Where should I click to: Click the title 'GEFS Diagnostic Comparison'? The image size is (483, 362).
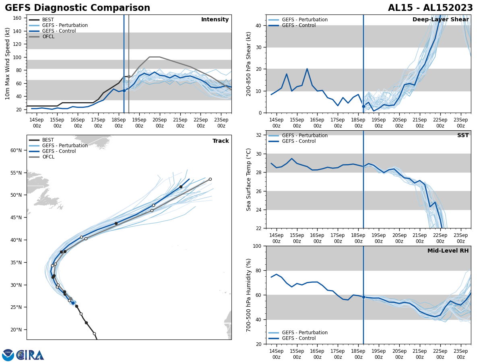coord(77,8)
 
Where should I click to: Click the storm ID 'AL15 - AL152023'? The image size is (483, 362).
coord(430,8)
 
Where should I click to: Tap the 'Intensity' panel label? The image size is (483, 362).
coord(215,20)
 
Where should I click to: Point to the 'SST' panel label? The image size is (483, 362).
coord(463,136)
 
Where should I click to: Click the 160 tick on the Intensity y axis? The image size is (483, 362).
coord(18,18)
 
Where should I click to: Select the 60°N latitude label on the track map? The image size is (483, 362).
coord(16,150)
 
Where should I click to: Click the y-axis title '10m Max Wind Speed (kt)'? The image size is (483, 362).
coord(8,64)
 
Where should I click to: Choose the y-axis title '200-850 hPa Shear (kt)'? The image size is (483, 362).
coord(249,64)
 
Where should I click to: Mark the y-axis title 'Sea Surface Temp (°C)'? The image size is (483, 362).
coord(249,179)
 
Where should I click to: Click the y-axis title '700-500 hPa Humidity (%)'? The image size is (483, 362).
coord(249,295)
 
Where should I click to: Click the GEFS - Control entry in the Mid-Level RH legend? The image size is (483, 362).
coord(299,338)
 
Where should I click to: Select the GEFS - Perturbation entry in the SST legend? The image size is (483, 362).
coord(305,136)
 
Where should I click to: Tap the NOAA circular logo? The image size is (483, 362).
coord(8,355)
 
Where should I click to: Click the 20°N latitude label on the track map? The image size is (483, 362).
coord(16,330)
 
